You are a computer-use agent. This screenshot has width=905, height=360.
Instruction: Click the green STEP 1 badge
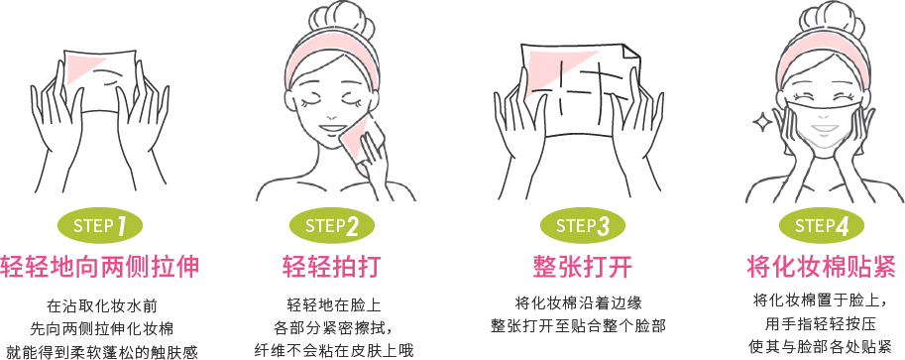pyautogui.click(x=100, y=224)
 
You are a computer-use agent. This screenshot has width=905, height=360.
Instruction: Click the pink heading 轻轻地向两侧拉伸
pyautogui.click(x=100, y=267)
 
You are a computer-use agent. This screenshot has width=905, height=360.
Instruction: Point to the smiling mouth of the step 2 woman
pyautogui.click(x=332, y=129)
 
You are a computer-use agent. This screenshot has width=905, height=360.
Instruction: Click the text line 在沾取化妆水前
pyautogui.click(x=101, y=306)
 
